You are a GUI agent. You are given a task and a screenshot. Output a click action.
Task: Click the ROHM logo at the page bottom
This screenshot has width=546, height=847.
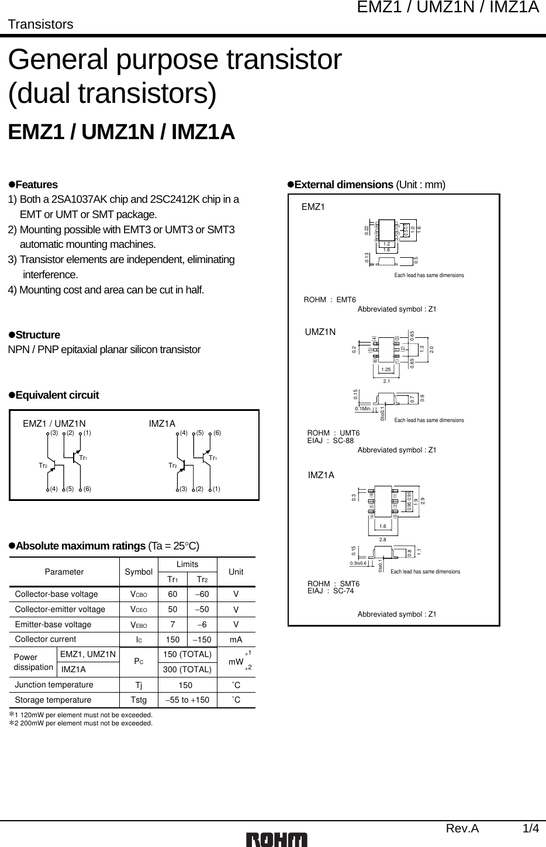coord(277,839)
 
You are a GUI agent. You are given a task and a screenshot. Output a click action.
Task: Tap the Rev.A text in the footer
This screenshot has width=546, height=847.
coord(462,828)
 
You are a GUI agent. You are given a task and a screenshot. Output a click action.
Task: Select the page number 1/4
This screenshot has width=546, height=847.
coord(531,828)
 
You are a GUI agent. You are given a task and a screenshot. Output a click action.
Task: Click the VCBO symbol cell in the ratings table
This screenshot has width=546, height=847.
coord(139,594)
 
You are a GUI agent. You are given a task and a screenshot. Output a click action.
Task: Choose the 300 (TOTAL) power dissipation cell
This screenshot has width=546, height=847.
coord(188,669)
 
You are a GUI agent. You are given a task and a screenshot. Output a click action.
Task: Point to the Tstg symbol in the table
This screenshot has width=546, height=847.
coord(139,700)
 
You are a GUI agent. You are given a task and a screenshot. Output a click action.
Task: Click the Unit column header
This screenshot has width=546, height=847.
coord(236,572)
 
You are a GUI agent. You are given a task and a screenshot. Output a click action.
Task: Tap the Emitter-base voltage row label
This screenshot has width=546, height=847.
coord(53,624)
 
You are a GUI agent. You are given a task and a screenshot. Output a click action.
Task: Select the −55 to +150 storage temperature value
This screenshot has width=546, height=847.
coord(188,700)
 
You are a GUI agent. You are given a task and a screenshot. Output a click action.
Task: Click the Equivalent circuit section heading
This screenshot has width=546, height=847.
coord(57,395)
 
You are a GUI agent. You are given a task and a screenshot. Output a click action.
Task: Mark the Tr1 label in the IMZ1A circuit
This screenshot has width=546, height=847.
coord(213,458)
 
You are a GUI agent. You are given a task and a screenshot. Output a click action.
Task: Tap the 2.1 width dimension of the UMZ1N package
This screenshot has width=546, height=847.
coord(385,381)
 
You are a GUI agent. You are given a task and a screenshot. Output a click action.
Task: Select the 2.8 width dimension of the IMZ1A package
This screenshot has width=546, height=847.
coord(382,540)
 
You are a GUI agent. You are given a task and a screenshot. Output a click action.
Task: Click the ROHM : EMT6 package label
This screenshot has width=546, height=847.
coord(330,300)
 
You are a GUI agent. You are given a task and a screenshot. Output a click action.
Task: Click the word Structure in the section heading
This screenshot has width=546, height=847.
coord(37,335)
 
